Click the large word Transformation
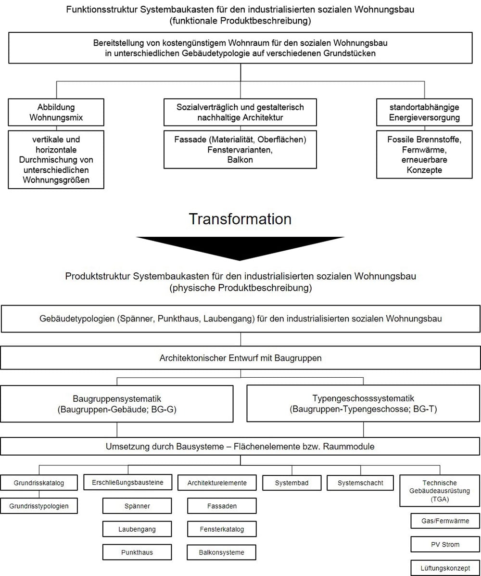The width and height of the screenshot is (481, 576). pyautogui.click(x=240, y=219)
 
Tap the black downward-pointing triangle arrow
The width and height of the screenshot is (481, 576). pyautogui.click(x=240, y=246)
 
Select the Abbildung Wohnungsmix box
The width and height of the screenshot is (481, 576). pyautogui.click(x=56, y=113)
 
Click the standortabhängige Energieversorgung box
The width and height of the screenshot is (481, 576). pyautogui.click(x=424, y=113)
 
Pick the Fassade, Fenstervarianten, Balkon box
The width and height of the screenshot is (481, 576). pyautogui.click(x=240, y=150)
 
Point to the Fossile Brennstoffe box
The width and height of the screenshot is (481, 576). pyautogui.click(x=424, y=154)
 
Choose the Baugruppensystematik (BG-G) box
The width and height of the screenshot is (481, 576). pyautogui.click(x=117, y=404)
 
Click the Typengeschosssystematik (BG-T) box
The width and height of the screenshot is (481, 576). pyautogui.click(x=364, y=403)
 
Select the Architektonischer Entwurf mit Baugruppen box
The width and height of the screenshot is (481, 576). pyautogui.click(x=240, y=358)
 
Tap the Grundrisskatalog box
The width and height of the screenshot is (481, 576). pyautogui.click(x=39, y=483)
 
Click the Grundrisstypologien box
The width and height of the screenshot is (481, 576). pyautogui.click(x=39, y=506)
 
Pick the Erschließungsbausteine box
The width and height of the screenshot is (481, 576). pyautogui.click(x=128, y=482)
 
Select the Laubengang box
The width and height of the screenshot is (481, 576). pyautogui.click(x=137, y=529)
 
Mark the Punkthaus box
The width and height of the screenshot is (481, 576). pyautogui.click(x=137, y=552)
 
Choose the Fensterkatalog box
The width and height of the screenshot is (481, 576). pyautogui.click(x=222, y=529)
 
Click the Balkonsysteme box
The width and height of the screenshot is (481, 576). pyautogui.click(x=221, y=552)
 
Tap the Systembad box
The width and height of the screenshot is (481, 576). pyautogui.click(x=292, y=483)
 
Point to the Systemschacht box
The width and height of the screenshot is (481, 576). pyautogui.click(x=360, y=483)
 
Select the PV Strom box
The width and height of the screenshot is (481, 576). pyautogui.click(x=445, y=544)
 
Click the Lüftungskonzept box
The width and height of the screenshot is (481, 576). pyautogui.click(x=445, y=568)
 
